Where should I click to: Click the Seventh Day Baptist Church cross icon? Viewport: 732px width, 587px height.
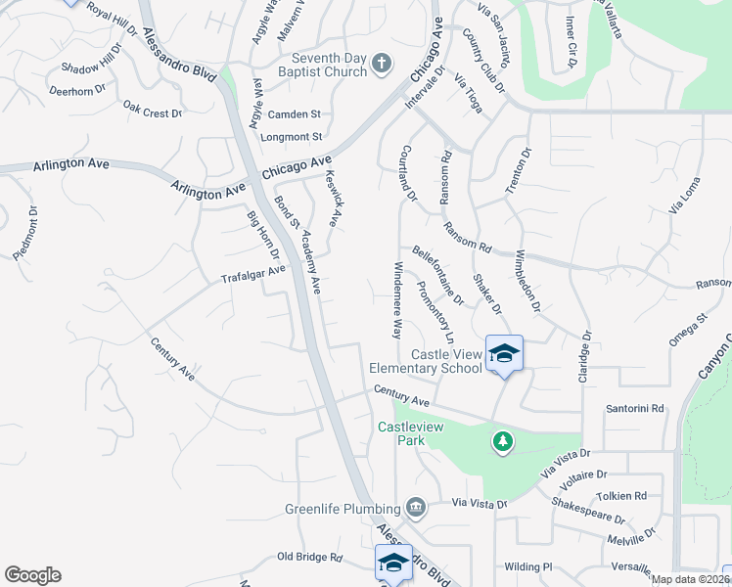382,66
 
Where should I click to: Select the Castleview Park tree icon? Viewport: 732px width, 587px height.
503,442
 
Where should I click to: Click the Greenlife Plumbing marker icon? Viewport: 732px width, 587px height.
415,508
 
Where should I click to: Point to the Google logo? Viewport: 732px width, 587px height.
32,575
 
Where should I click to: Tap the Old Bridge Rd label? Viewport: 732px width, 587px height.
309,557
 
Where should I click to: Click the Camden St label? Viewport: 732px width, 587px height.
295,114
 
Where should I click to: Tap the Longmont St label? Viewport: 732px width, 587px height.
291,137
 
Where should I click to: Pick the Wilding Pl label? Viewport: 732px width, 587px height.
528,566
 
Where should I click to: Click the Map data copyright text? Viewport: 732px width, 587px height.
691,579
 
